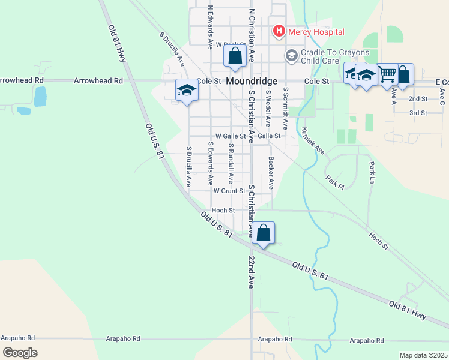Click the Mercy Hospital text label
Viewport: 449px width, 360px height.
[316, 32]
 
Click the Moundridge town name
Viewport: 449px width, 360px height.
[251, 80]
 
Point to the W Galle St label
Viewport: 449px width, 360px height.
[231, 136]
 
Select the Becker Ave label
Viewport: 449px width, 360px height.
[271, 173]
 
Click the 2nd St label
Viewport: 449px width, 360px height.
[418, 98]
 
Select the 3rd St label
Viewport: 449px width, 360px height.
[418, 113]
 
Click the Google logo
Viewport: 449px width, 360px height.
[20, 353]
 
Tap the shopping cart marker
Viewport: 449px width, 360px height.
[387, 74]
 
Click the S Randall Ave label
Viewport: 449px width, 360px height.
[230, 163]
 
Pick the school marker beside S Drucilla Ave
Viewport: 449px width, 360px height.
[187, 91]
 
